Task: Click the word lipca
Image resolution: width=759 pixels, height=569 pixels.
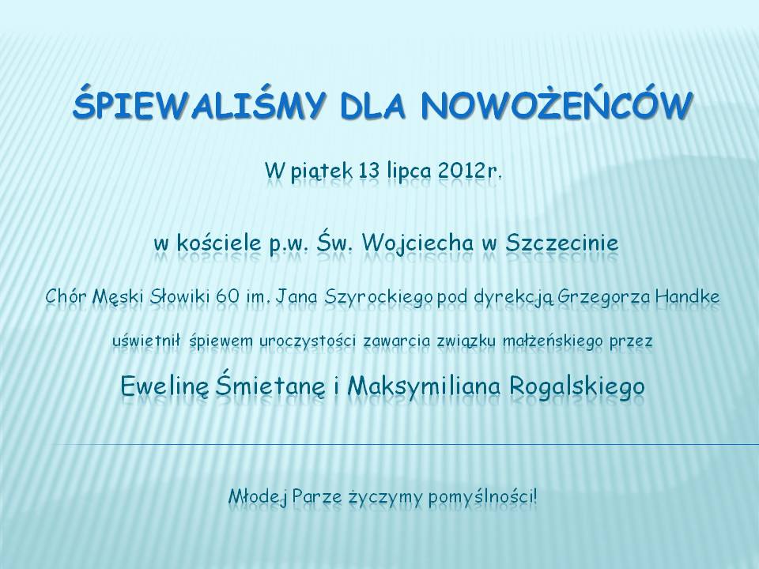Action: click(x=408, y=171)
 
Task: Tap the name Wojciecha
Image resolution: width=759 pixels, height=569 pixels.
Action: click(x=417, y=243)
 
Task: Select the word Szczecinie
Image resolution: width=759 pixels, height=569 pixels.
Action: click(x=562, y=243)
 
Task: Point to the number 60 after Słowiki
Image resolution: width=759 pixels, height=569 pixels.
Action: click(x=228, y=296)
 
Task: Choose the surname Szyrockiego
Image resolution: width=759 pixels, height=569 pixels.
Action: click(x=379, y=297)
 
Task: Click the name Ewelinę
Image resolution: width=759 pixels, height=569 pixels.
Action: click(x=165, y=386)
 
